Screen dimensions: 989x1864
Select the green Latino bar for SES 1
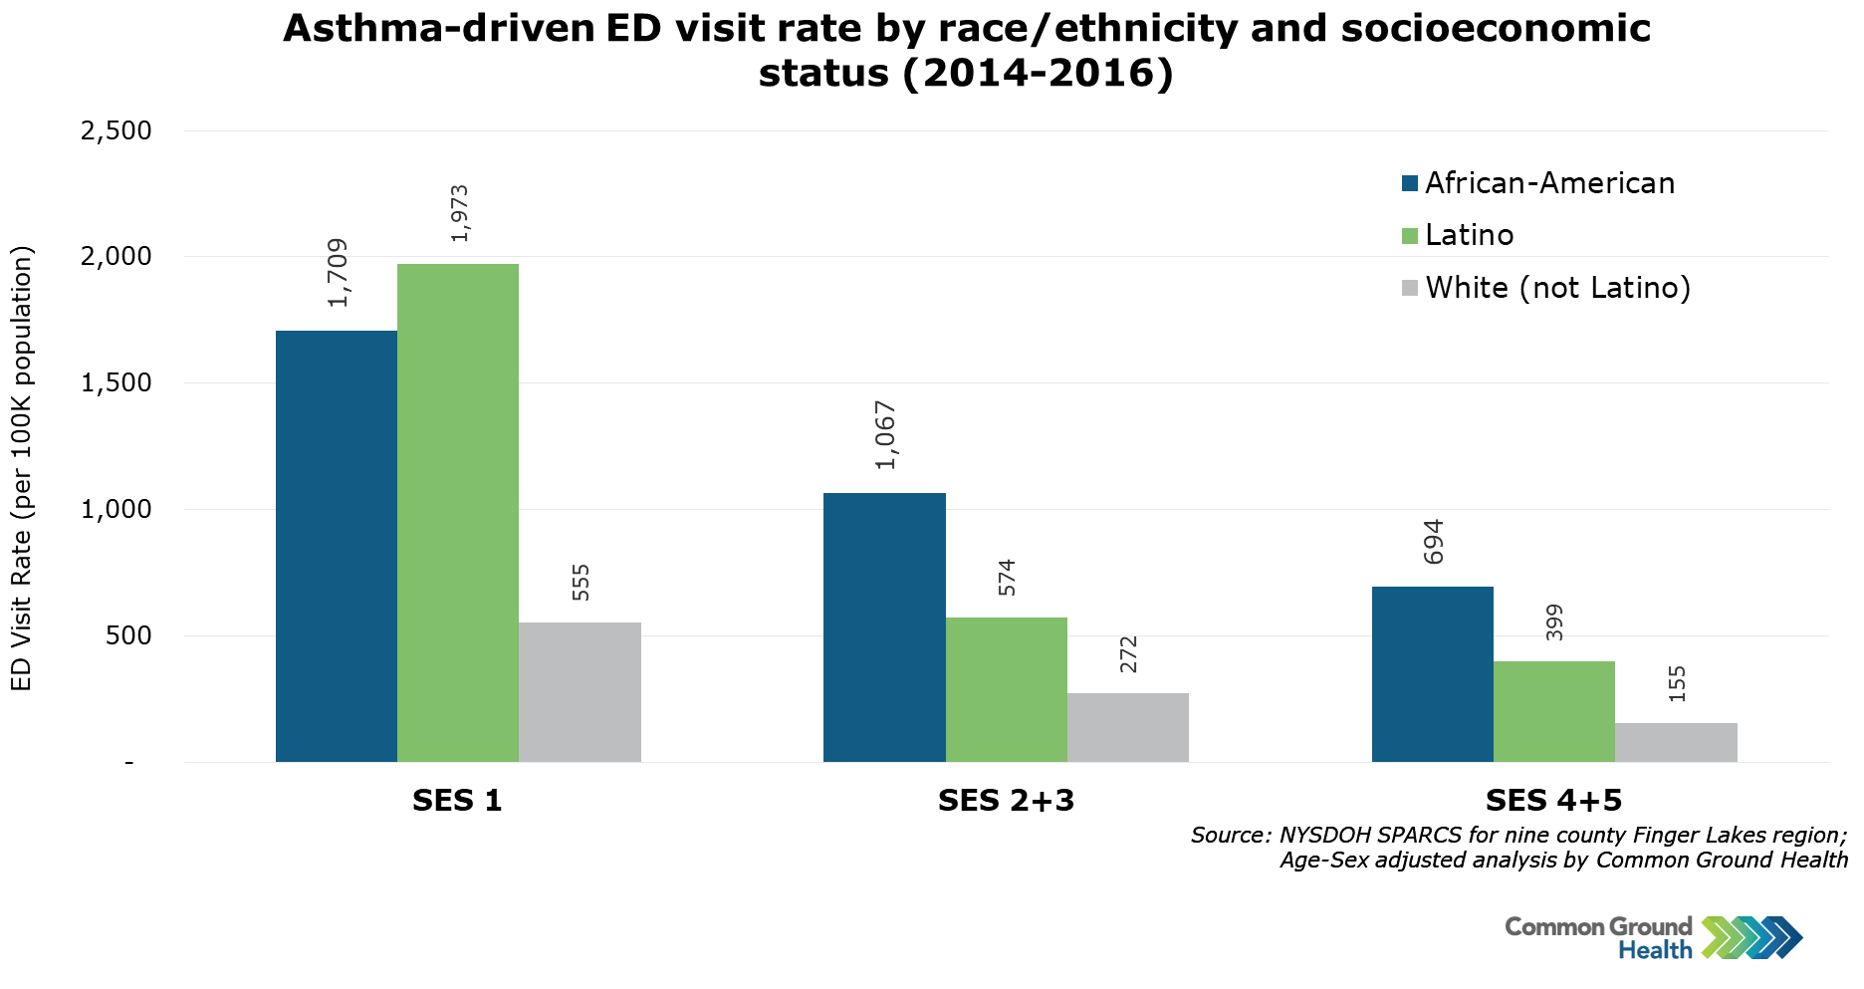point(458,513)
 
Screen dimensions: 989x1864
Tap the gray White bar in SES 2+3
point(1127,727)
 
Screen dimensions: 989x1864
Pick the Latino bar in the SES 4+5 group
point(1553,711)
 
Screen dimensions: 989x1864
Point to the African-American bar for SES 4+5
point(1432,674)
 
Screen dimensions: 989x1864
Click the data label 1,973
point(459,213)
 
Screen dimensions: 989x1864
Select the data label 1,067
point(885,435)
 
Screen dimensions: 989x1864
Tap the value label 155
point(1677,684)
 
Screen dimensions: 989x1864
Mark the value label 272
point(1128,654)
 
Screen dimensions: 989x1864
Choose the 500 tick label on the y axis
point(128,635)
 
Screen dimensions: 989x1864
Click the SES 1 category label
point(457,801)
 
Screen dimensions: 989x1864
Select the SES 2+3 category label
point(1006,801)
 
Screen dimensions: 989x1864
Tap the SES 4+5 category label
point(1553,801)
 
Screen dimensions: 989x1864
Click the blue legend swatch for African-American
point(1410,183)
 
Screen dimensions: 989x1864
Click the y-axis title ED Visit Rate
point(22,468)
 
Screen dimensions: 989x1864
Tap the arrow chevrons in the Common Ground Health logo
point(1751,937)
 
